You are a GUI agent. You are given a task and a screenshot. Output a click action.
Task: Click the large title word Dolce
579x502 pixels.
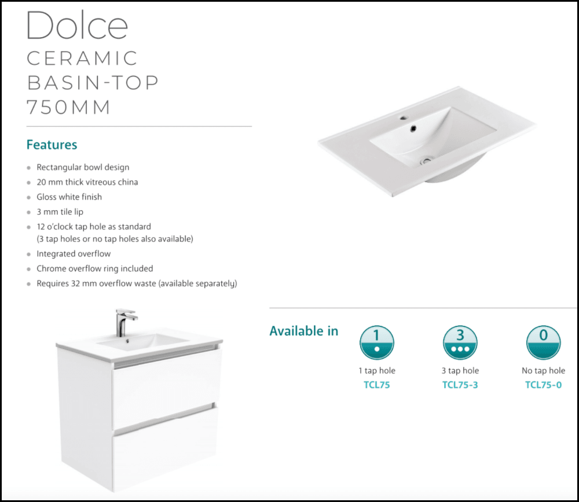77,27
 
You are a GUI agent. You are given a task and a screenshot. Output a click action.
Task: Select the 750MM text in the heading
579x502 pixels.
69,108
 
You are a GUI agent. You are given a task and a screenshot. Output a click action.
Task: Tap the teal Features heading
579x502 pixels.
52,145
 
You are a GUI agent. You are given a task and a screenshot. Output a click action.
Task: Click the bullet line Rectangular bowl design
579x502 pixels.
83,167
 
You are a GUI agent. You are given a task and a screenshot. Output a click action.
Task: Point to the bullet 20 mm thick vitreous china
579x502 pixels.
87,182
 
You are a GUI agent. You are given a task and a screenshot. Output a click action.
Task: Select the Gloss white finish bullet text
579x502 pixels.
69,197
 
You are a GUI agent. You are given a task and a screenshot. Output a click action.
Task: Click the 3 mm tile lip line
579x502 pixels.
60,212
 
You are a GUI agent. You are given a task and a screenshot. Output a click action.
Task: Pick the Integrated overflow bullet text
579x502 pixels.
74,254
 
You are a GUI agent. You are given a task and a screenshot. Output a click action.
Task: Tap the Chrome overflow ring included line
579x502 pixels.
94,269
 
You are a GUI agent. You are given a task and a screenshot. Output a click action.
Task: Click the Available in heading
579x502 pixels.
304,331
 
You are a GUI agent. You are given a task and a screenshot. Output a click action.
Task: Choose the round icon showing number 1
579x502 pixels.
377,342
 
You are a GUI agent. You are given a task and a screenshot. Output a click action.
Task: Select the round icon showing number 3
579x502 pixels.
460,342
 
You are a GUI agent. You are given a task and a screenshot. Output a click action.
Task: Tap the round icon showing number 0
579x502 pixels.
543,342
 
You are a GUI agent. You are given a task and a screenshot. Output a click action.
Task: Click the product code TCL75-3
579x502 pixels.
460,385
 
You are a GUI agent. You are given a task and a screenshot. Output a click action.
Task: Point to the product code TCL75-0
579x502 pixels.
543,385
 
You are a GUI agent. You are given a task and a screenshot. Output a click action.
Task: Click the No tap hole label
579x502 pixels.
543,371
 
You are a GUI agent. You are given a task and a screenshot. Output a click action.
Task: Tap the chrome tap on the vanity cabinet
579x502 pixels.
123,322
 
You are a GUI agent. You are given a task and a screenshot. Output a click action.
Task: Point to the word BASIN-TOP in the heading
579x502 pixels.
93,83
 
